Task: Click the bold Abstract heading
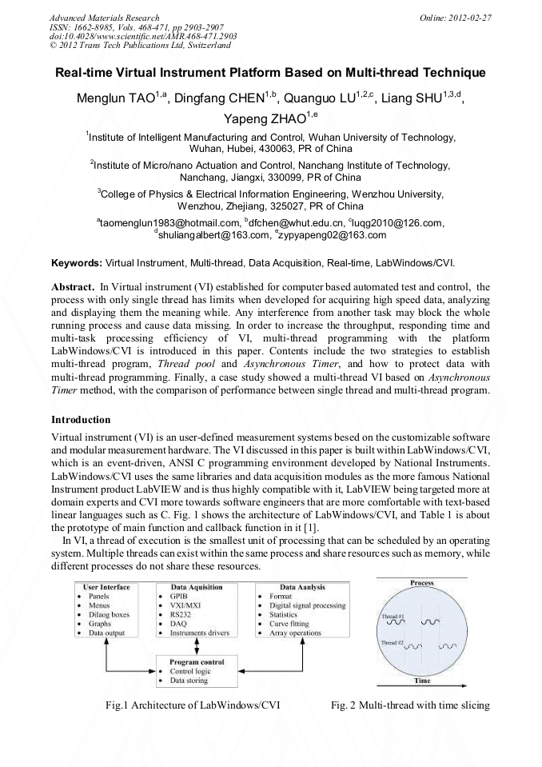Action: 73,286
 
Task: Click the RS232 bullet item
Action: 182,614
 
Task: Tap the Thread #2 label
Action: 390,643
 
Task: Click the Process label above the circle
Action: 422,584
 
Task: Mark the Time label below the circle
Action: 422,681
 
